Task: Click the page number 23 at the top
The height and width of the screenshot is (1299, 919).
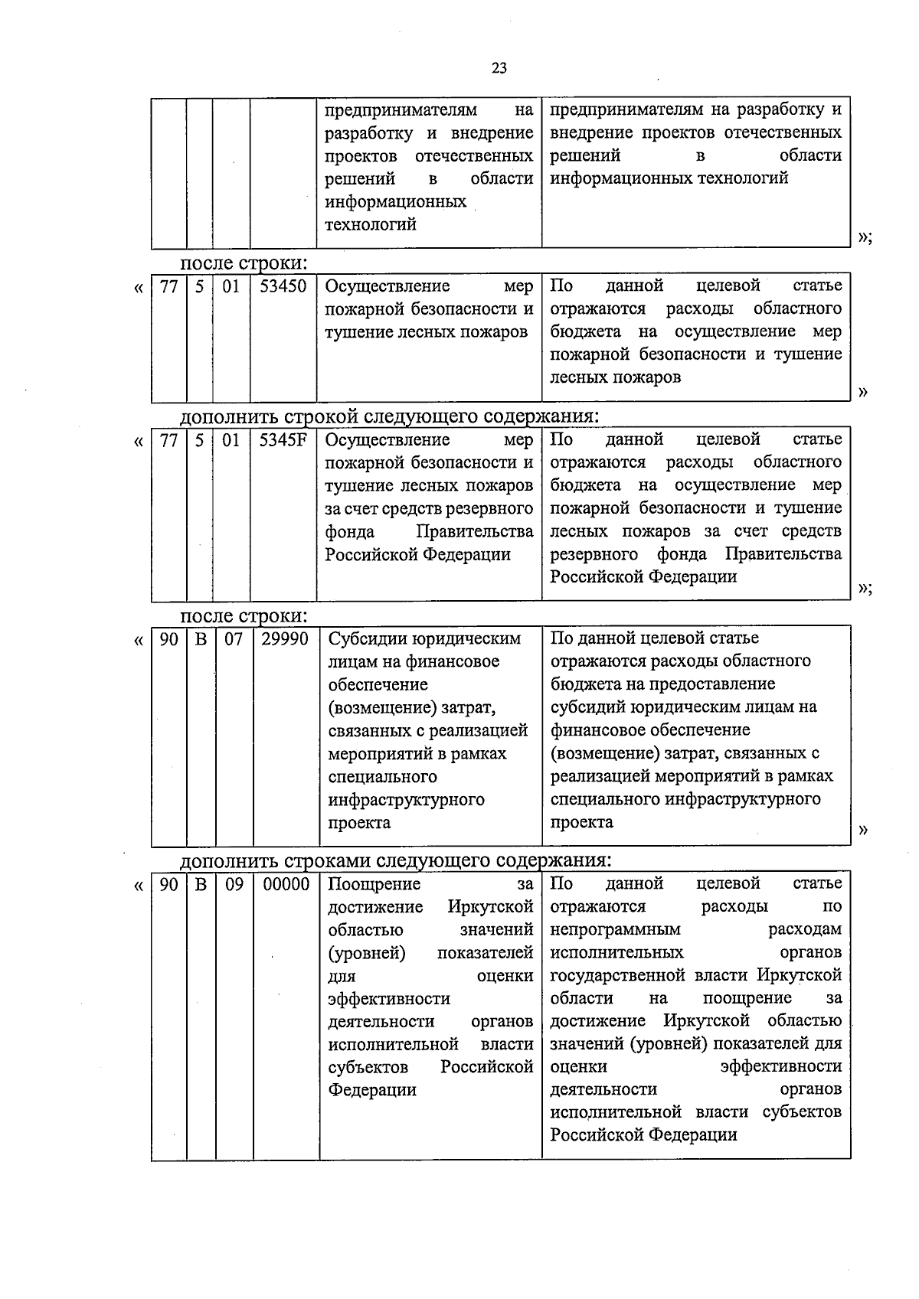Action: [499, 68]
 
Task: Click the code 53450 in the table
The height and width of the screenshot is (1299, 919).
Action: [283, 286]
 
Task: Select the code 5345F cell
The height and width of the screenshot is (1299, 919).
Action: [283, 440]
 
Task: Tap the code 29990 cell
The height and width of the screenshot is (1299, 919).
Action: [285, 639]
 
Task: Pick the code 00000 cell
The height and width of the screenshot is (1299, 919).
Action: [286, 884]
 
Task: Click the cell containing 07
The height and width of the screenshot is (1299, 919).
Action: [233, 639]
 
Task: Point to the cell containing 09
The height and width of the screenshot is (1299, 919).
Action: [234, 884]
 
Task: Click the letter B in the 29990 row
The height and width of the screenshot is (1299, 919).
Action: [201, 639]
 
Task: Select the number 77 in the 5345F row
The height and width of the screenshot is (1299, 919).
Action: [168, 440]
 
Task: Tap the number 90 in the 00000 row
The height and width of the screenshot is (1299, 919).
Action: [168, 884]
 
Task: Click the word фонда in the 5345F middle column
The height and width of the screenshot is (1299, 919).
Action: [349, 531]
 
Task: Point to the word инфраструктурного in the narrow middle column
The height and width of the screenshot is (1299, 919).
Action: [406, 800]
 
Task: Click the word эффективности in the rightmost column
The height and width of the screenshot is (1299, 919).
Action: [780, 1066]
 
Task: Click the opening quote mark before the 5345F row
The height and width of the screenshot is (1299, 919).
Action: [138, 442]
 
